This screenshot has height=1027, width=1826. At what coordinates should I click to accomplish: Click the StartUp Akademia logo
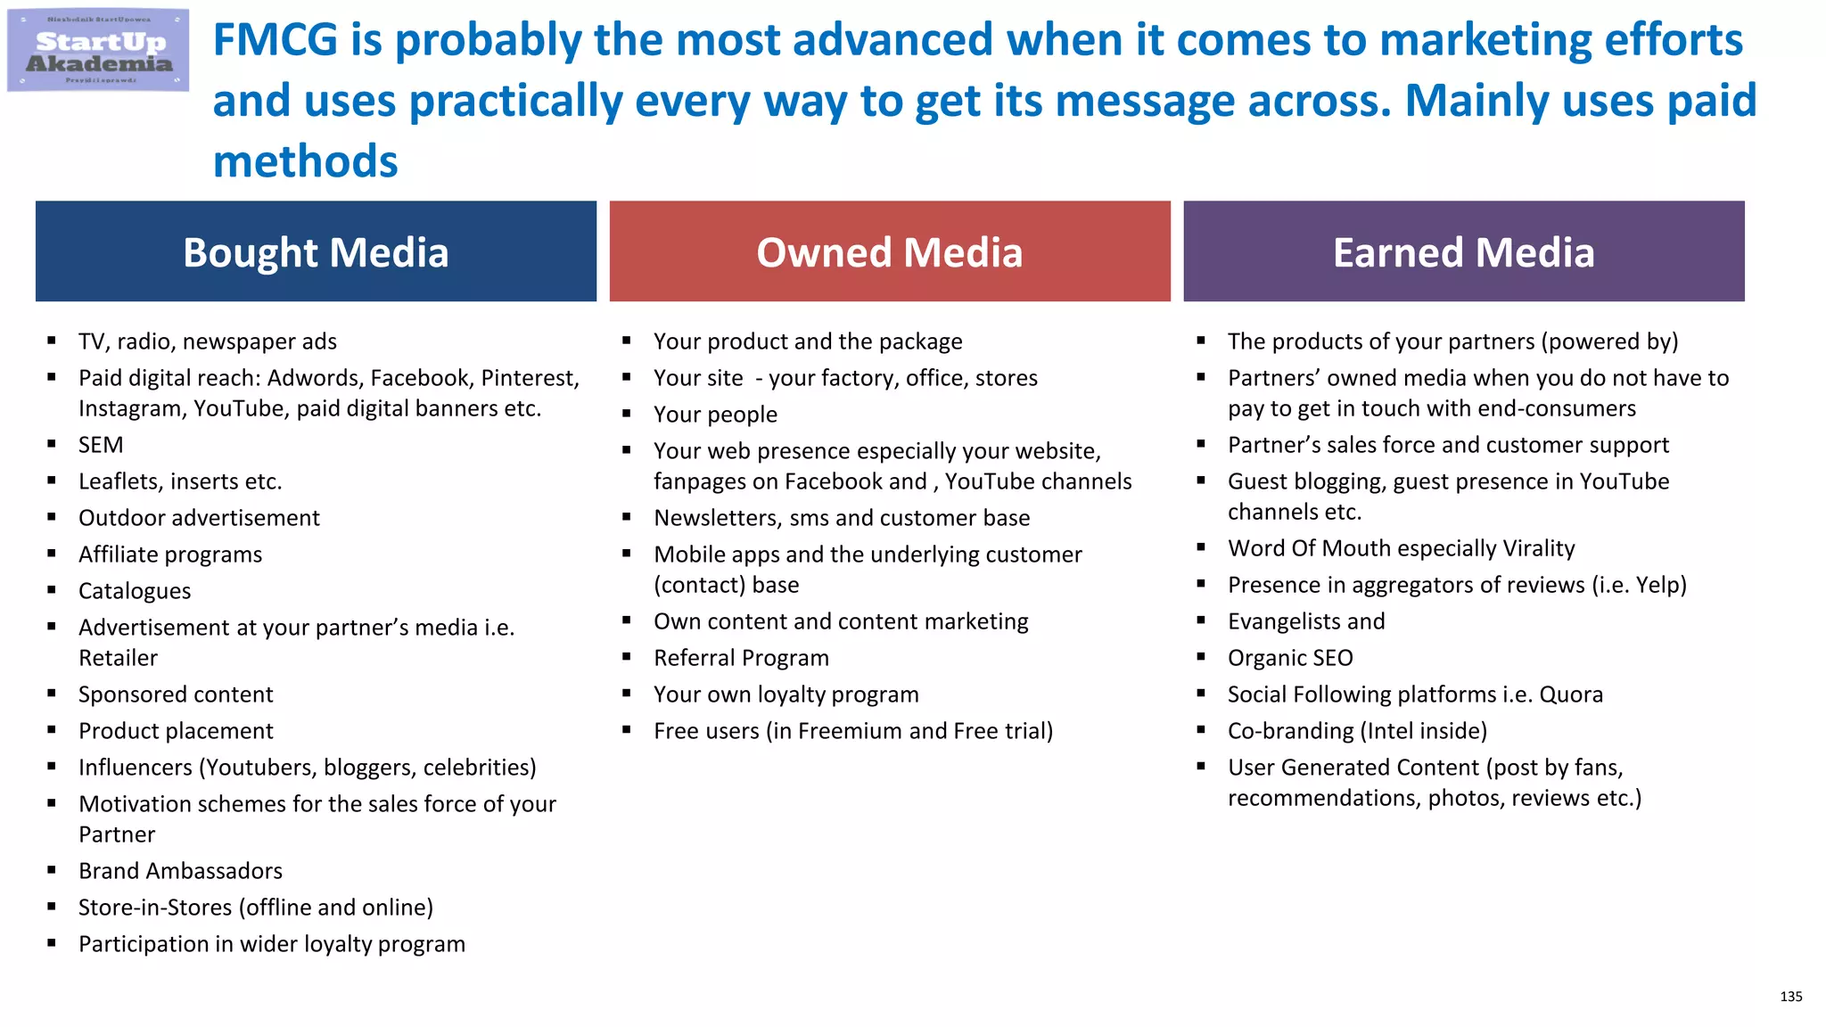click(x=98, y=51)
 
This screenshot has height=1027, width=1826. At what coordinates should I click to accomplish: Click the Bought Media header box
click(x=316, y=252)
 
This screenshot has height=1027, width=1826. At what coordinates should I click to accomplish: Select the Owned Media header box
click(x=889, y=252)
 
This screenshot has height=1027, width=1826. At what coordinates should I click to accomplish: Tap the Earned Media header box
click(x=1463, y=252)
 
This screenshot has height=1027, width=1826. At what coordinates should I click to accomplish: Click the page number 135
click(x=1790, y=997)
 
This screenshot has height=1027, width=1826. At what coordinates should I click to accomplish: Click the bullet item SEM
click(x=101, y=445)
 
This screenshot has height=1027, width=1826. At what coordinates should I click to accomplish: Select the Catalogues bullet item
click(x=135, y=591)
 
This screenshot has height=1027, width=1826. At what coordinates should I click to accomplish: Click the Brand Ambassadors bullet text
click(x=180, y=871)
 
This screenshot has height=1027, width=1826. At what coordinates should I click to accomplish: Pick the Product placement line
click(x=176, y=731)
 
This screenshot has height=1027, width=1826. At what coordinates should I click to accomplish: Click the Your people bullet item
click(x=715, y=415)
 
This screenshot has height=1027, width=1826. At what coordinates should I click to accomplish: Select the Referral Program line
click(x=741, y=658)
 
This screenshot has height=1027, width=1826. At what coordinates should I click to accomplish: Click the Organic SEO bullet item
click(x=1290, y=658)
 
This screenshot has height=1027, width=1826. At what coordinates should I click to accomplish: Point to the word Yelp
click(x=1657, y=585)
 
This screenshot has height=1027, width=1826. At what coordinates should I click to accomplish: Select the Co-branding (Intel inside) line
click(x=1357, y=731)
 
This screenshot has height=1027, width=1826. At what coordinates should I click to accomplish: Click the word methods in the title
click(x=305, y=162)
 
